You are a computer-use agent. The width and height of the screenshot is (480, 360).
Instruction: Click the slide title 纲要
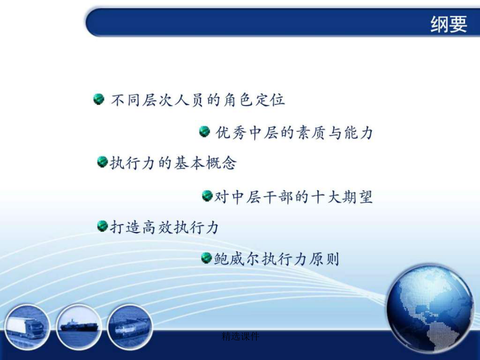[449, 24]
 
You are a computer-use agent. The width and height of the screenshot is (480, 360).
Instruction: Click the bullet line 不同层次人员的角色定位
[198, 100]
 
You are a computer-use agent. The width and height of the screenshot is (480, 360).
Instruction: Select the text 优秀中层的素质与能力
[294, 133]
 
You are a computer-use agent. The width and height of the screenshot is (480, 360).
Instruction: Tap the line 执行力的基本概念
[173, 163]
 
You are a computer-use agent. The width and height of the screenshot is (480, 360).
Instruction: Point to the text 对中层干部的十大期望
[293, 196]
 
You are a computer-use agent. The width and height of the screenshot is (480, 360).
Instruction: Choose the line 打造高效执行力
[164, 227]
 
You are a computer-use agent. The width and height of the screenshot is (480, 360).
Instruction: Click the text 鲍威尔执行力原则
[276, 259]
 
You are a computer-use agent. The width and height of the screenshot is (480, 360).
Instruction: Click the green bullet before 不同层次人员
[99, 100]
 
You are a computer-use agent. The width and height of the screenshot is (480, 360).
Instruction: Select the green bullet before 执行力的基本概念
[102, 162]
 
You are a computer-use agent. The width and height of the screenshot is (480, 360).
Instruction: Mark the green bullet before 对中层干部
[207, 196]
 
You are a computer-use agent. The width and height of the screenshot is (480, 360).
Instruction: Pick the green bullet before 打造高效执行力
[102, 227]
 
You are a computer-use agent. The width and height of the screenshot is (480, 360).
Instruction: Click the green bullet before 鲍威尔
[206, 258]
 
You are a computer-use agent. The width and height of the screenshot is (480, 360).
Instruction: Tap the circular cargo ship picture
[79, 327]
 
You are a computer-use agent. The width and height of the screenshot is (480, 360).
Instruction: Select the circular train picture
[130, 327]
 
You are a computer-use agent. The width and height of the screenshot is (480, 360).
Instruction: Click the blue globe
[430, 310]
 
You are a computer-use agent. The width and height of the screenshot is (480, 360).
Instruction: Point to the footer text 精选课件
[241, 337]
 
